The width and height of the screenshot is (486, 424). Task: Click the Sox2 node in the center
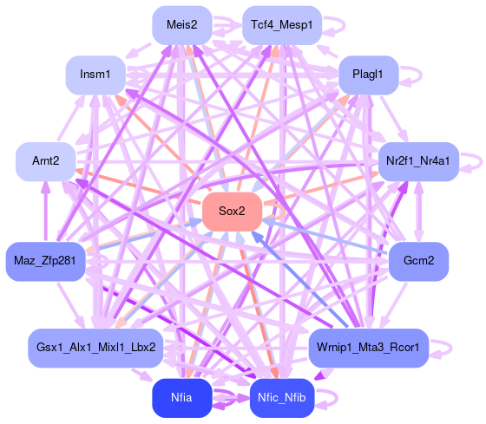[233, 212]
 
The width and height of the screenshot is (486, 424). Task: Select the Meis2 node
[182, 25]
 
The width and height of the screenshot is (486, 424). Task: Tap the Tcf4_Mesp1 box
[282, 25]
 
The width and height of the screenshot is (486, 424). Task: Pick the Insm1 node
[95, 75]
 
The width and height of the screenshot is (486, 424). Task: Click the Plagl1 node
[368, 75]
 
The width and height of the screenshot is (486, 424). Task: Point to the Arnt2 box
[45, 161]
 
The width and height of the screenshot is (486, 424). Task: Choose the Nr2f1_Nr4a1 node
[418, 161]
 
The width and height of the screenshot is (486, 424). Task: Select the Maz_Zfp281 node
[45, 261]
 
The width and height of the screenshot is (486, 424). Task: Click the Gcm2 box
[418, 261]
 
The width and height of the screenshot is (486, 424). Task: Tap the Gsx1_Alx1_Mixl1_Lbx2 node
[95, 348]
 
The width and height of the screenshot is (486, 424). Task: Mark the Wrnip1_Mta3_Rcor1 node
[369, 348]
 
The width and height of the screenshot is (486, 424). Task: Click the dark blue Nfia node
[182, 398]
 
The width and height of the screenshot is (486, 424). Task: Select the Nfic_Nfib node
[282, 398]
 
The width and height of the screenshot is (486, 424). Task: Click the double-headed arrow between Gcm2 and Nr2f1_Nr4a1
[418, 212]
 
